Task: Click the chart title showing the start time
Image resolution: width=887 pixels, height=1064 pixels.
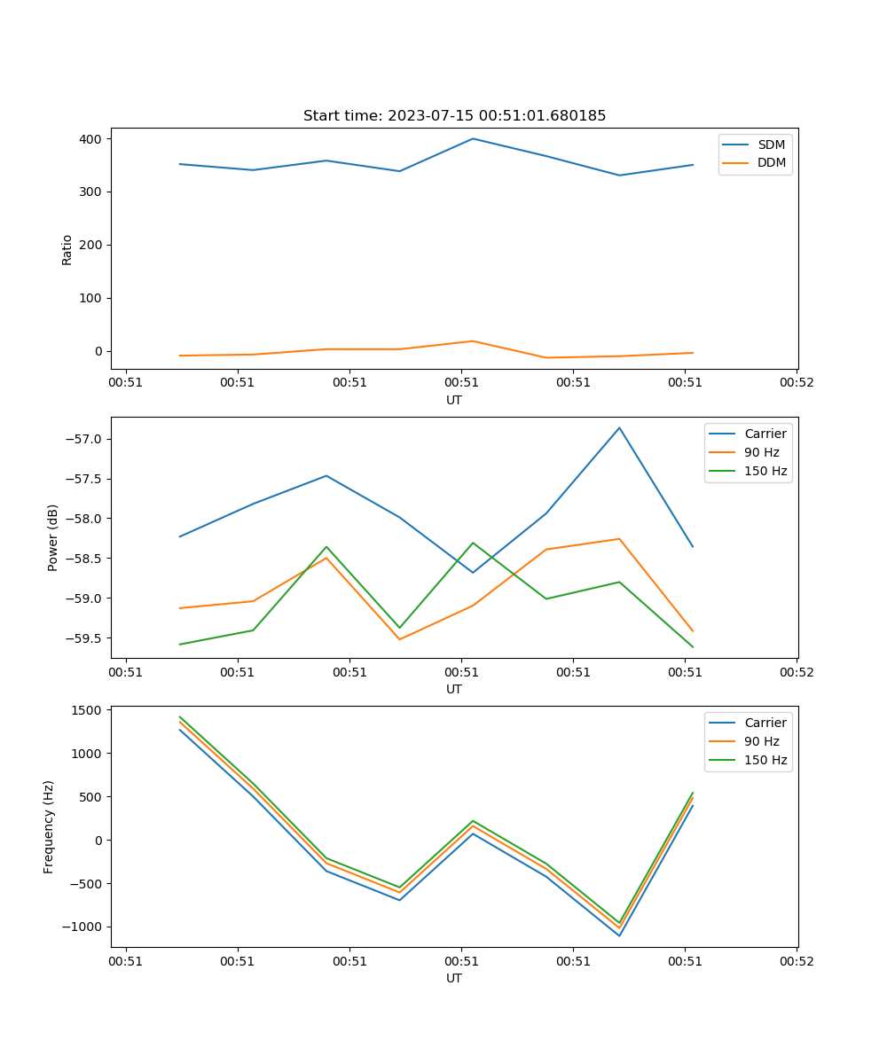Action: pos(454,116)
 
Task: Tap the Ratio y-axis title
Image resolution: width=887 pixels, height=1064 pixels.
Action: pos(67,249)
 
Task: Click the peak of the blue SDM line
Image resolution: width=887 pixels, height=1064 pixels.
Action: pos(473,138)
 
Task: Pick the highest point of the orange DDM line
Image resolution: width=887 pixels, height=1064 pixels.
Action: pos(473,341)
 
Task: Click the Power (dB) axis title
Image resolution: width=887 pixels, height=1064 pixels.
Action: pos(53,537)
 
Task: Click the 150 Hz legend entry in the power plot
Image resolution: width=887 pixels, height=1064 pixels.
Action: pos(765,471)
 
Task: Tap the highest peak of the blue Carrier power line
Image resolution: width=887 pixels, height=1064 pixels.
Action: pos(619,427)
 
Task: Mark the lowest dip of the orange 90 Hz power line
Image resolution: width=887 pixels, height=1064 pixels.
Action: pos(399,639)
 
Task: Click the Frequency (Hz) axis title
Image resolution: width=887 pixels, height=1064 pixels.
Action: pos(49,826)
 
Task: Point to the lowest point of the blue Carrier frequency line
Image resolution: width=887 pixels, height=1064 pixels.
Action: pos(619,935)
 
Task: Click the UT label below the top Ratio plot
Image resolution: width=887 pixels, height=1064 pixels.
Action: pos(454,400)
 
